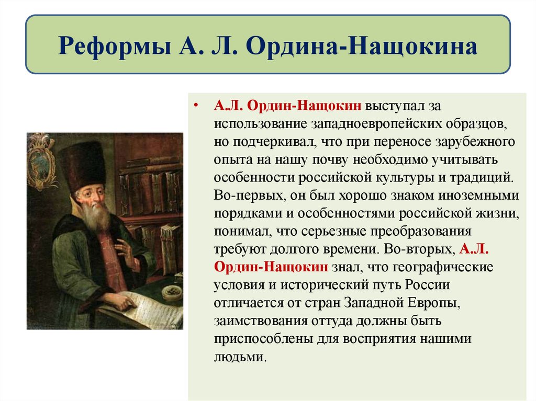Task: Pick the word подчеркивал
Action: [x=275, y=141]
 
